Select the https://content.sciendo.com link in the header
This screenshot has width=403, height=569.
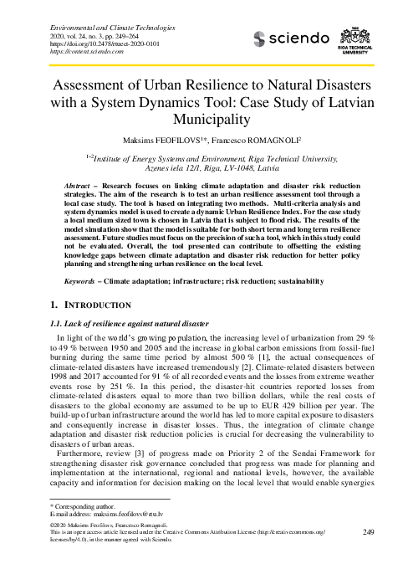coord(74,49)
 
